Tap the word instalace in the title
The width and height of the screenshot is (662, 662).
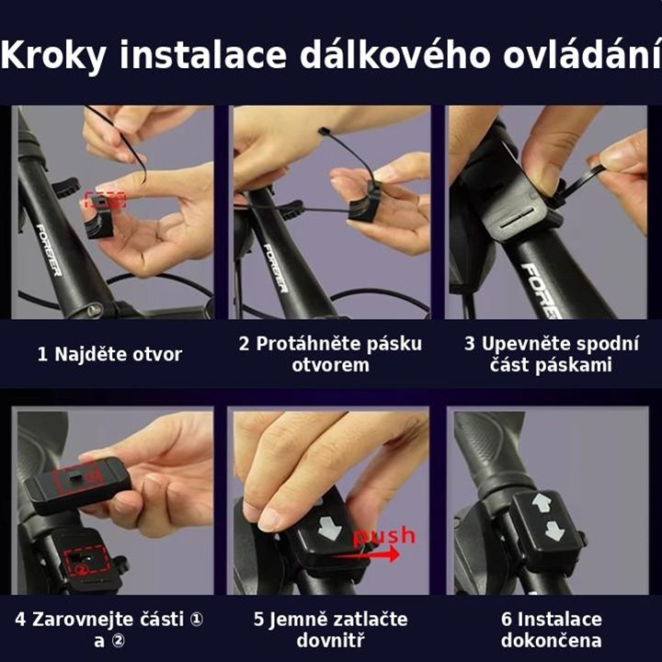[x=203, y=54]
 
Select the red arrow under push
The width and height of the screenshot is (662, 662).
[x=366, y=554]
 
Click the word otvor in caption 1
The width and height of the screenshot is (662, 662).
[x=157, y=355]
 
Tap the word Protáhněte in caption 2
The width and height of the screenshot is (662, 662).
[x=308, y=344]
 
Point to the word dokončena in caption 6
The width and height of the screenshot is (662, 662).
[x=552, y=641]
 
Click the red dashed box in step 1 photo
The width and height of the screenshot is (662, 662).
[x=106, y=200]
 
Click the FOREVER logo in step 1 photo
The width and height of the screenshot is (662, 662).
[x=49, y=250]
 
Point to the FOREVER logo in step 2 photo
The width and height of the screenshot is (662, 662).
[x=275, y=268]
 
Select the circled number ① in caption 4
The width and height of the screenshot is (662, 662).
[x=196, y=620]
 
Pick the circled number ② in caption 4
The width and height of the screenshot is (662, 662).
[x=118, y=641]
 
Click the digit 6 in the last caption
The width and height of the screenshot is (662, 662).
[x=507, y=620]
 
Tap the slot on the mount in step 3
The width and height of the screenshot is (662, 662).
[x=518, y=220]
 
